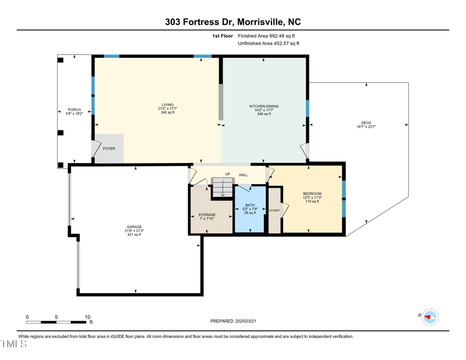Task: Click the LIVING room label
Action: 167,105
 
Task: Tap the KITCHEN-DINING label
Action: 264,107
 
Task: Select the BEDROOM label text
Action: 312,194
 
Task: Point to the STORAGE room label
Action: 207,215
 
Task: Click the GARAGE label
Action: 134,227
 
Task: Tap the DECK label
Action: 366,123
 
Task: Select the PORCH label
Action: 74,110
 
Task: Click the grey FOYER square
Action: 109,148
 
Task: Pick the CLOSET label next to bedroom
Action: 274,210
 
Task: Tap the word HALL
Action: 243,175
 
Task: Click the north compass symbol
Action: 430,317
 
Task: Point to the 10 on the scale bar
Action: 87,317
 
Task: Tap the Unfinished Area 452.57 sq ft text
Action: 269,44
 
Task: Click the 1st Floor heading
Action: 223,36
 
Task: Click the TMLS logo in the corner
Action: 14,344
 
